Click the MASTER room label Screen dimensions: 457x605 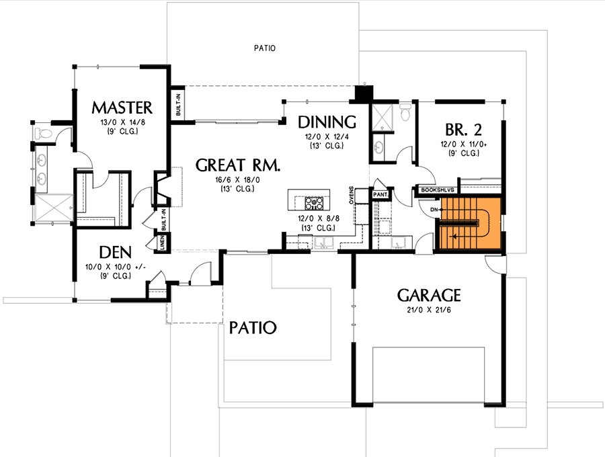tap(122, 108)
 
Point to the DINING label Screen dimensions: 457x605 tap(326, 122)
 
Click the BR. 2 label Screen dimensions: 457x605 tap(462, 129)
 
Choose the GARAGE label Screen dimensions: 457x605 tap(428, 295)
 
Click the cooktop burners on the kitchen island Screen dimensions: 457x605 tap(315, 202)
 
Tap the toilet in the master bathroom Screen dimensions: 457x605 tap(44, 134)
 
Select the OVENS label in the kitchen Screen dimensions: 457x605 tap(351, 196)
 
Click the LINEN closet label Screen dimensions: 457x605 tap(162, 242)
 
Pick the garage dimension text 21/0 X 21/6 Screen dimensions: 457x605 tap(428, 309)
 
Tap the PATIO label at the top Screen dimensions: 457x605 tap(266, 48)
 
